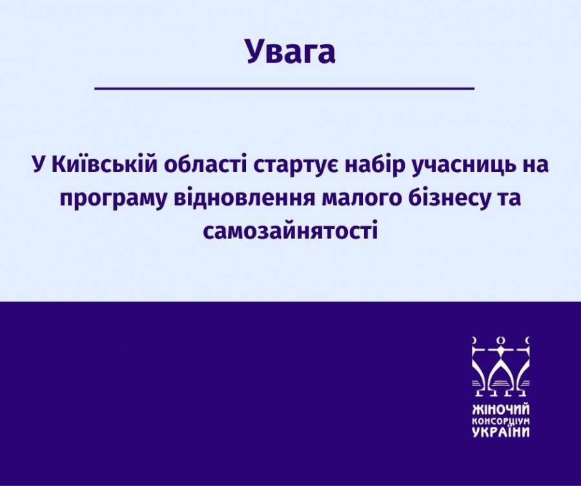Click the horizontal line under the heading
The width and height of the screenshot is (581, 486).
(285, 88)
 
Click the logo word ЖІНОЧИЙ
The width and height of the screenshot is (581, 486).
(501, 409)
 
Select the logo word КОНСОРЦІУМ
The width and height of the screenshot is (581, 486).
(501, 422)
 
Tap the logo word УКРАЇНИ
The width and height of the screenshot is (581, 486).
(501, 432)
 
